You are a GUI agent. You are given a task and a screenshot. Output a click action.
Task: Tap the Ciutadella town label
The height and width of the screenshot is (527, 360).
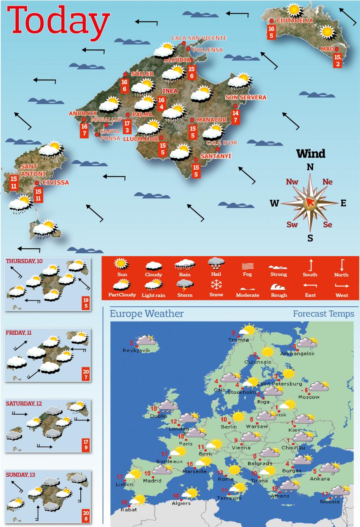(295, 21)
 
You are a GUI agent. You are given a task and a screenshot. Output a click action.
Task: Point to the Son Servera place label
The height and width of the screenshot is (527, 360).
(246, 98)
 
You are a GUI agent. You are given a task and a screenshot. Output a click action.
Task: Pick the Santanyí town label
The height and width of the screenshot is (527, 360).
(215, 156)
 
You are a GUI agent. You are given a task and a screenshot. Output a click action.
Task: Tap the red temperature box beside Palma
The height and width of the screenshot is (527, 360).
(127, 126)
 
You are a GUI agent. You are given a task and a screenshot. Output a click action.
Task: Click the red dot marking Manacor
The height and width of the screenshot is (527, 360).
(192, 120)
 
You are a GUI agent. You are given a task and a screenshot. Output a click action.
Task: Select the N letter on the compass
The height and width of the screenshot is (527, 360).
(310, 167)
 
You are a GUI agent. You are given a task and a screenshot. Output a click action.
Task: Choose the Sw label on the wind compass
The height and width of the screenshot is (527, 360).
(292, 225)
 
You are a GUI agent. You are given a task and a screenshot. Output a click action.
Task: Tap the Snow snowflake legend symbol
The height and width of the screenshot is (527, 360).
(216, 285)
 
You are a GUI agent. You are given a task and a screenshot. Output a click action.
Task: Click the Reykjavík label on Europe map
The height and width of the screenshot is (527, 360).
(136, 350)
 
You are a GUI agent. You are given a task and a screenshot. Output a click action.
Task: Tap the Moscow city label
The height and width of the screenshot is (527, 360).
(309, 397)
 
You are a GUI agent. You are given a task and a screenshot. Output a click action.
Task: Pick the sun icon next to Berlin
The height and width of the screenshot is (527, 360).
(238, 417)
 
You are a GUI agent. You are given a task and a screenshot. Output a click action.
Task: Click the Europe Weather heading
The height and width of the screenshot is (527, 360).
(147, 314)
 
